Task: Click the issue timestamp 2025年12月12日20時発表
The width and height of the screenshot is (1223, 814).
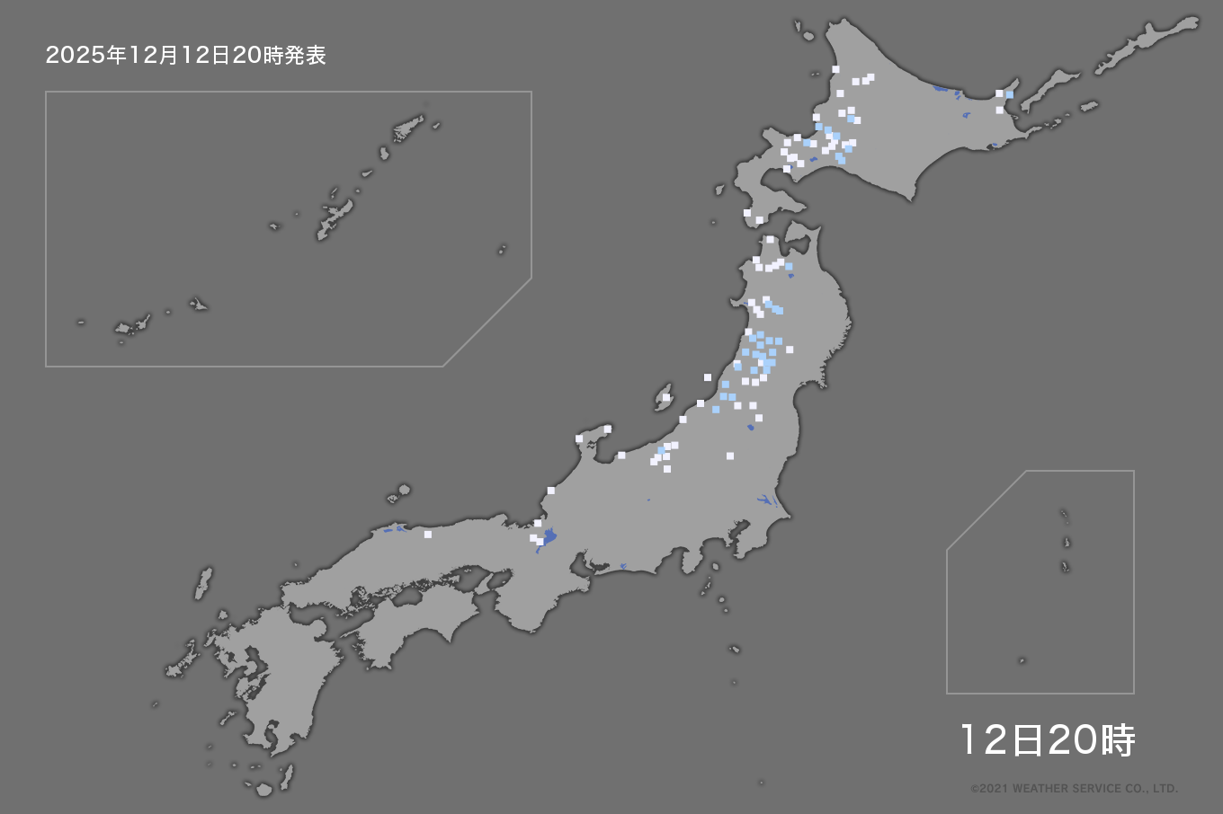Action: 185,56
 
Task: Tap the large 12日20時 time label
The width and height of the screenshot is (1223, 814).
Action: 1048,740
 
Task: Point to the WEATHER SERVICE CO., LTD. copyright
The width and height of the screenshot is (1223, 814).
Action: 1074,789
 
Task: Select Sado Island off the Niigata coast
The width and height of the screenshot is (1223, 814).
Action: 664,398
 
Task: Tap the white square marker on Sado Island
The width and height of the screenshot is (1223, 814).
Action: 666,397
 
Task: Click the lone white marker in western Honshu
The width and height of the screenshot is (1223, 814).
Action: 428,535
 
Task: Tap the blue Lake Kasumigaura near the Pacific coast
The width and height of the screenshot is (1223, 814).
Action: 764,500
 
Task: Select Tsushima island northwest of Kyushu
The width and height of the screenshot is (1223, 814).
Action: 204,582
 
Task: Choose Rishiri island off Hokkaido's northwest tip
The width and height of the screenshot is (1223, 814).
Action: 799,29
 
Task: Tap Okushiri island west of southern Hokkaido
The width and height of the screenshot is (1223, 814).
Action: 719,190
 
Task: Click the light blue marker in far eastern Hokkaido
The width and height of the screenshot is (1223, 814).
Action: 1010,94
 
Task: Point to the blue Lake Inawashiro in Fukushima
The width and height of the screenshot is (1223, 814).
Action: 751,428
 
